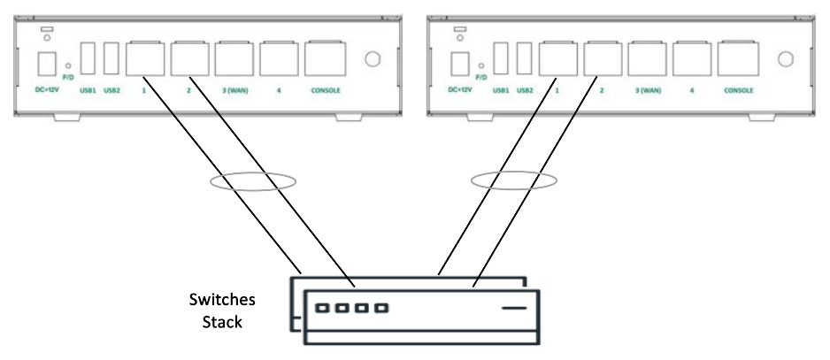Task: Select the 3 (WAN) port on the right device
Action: [x=648, y=59]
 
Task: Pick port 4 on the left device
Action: [x=280, y=59]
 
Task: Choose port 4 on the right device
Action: [x=692, y=59]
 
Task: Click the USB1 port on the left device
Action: [x=88, y=58]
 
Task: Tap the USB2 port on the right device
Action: [x=524, y=58]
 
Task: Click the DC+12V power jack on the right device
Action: [x=459, y=64]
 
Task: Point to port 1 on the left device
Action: [x=146, y=59]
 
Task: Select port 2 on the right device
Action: [x=603, y=59]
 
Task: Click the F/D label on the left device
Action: [x=68, y=77]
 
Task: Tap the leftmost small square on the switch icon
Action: [x=326, y=309]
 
